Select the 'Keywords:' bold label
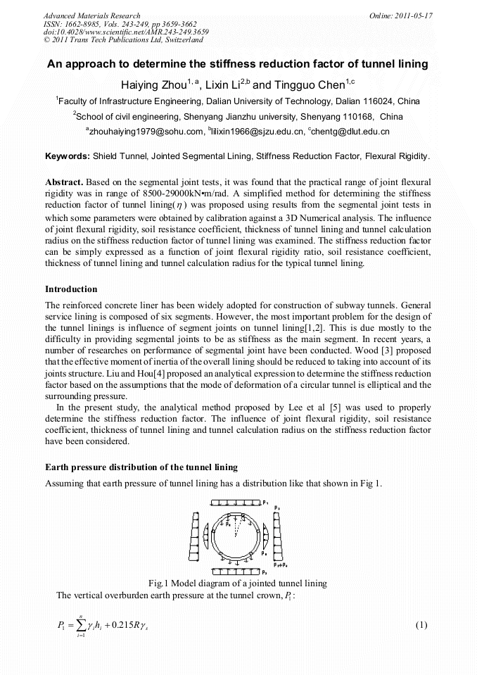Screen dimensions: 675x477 coord(68,156)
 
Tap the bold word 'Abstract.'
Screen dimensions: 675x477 coord(66,182)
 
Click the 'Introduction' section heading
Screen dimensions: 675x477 coord(71,289)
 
